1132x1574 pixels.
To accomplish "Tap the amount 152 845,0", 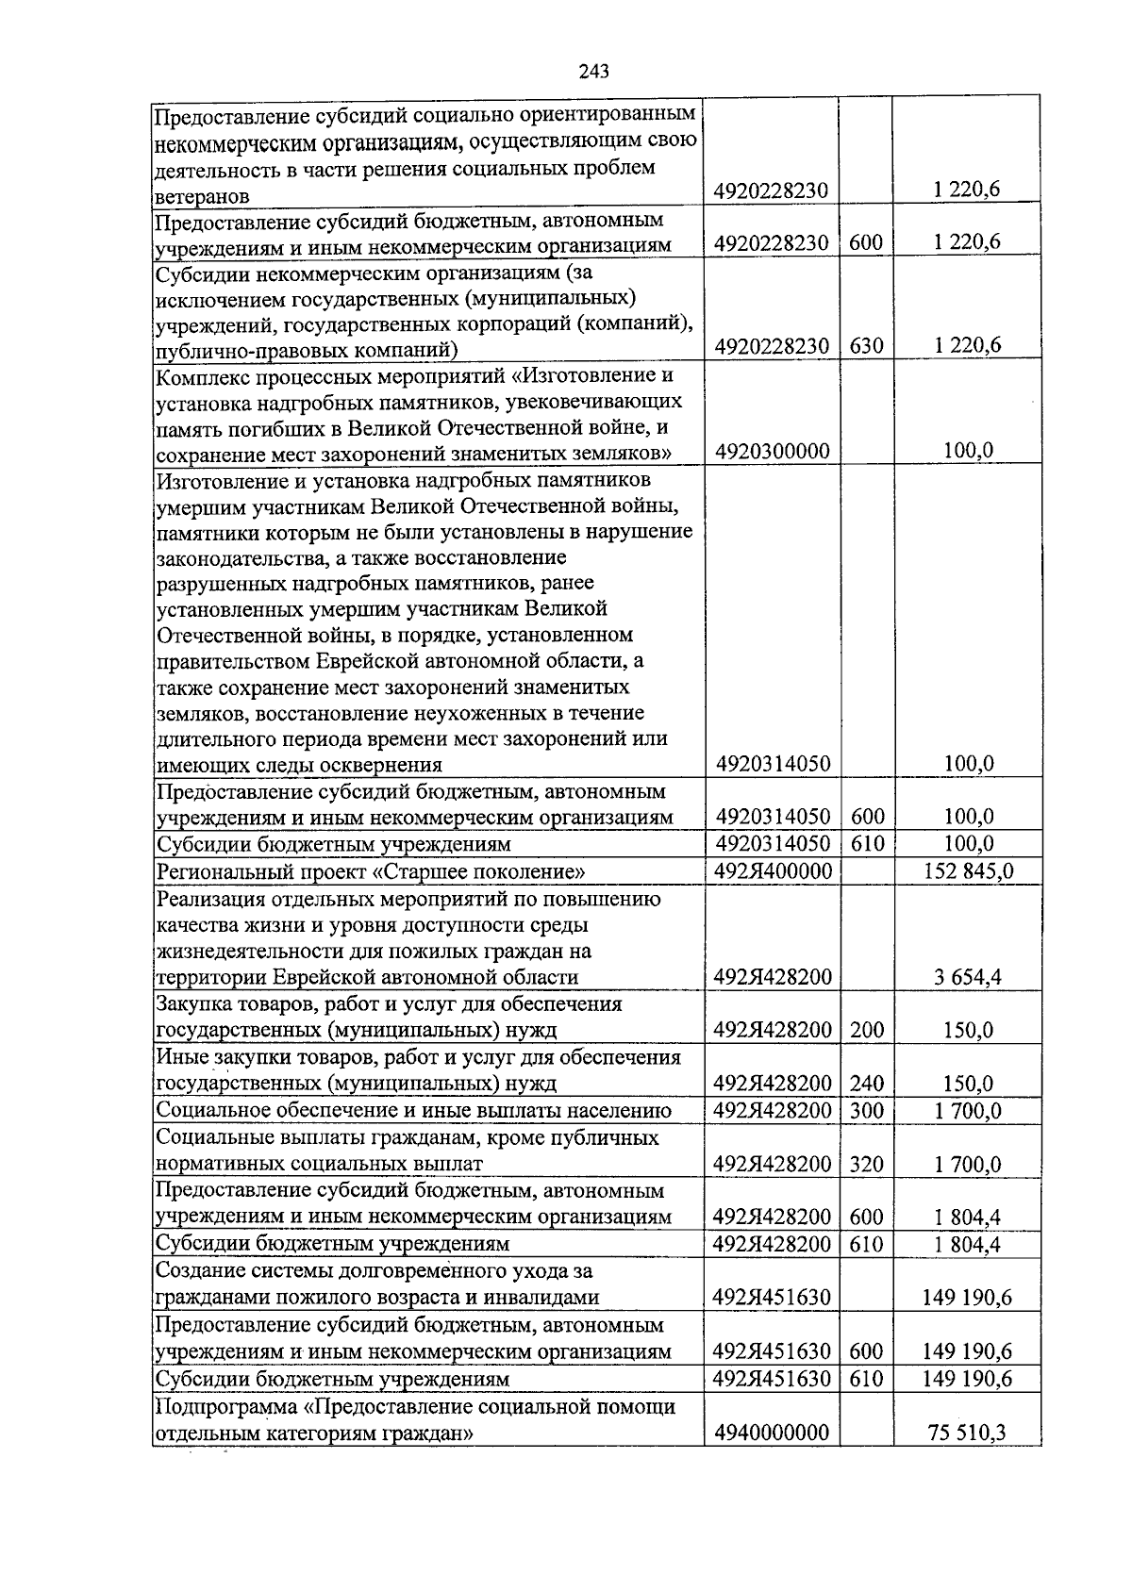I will point(968,870).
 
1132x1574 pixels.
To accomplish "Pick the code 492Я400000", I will point(772,870).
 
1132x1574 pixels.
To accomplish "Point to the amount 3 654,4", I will point(968,977).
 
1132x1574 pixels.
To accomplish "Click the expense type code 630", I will point(865,346).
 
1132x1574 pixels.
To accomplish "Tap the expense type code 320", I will point(865,1164).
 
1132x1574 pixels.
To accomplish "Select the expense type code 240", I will point(865,1083).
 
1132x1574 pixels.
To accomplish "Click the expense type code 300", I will point(865,1110).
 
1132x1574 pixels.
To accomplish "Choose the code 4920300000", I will point(772,451).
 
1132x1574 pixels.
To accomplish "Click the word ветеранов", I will point(203,196).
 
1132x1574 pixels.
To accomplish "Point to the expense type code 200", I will point(865,1029).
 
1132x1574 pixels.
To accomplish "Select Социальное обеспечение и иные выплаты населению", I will point(414,1110).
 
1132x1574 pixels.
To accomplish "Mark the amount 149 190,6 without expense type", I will point(968,1298).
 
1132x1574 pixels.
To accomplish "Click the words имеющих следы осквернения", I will point(299,764).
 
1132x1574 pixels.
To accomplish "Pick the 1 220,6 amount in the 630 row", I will point(968,346).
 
